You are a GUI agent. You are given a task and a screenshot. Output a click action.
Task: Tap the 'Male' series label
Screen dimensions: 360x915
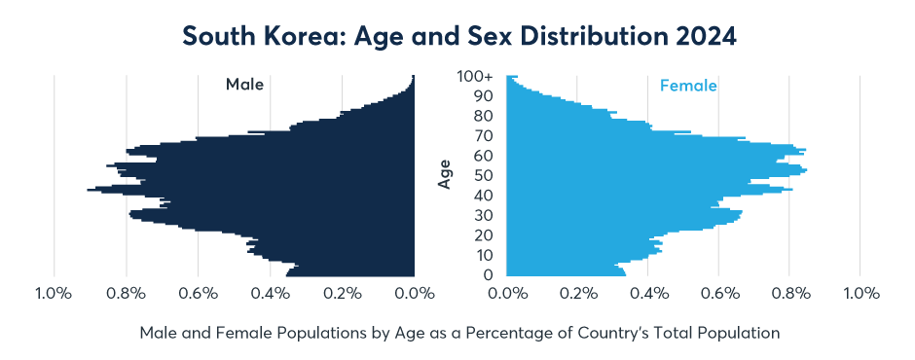pos(244,85)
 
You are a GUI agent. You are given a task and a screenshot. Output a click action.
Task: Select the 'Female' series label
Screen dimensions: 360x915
pos(688,86)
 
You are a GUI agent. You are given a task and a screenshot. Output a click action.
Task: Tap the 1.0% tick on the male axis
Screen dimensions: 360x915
pos(53,293)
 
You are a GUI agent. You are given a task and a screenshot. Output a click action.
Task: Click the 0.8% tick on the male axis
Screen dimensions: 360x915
pos(126,293)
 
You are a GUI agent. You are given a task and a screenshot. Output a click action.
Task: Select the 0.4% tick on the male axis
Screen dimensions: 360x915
pos(271,293)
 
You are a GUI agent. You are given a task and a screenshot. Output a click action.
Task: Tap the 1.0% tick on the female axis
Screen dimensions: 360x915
pos(860,293)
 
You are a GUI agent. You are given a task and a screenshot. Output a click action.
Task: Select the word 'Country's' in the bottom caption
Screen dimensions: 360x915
pos(654,333)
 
